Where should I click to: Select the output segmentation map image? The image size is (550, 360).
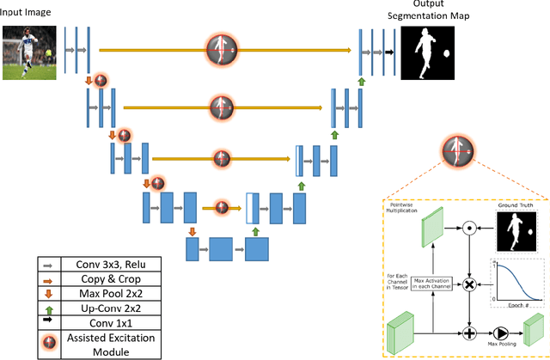pyautogui.click(x=432, y=53)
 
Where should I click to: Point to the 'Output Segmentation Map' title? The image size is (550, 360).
pyautogui.click(x=431, y=11)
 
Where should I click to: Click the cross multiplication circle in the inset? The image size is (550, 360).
pyautogui.click(x=470, y=284)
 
